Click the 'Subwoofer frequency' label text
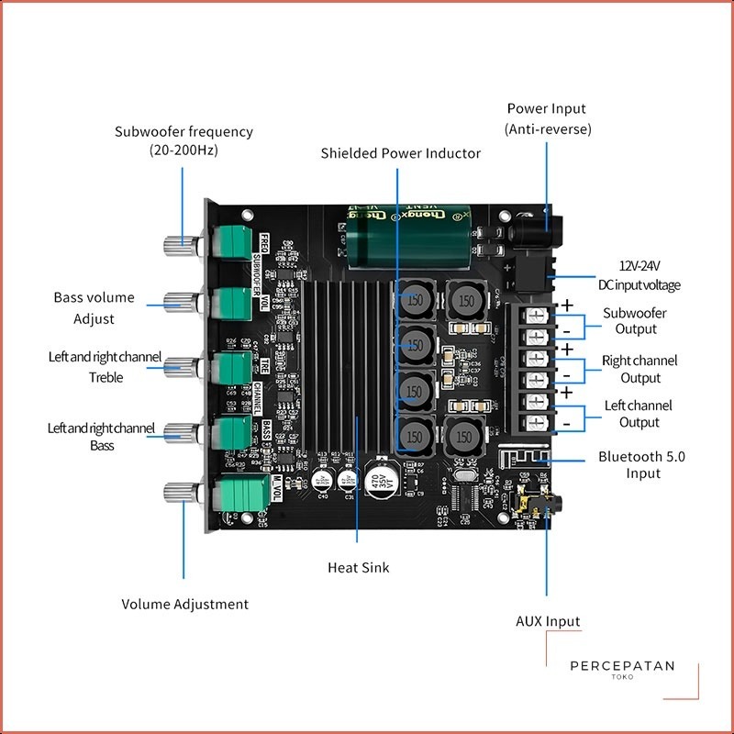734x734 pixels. [183, 131]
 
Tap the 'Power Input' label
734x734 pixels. [547, 108]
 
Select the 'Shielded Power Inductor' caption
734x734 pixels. [400, 153]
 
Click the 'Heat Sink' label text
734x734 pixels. [358, 568]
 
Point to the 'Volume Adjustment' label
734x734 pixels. [184, 605]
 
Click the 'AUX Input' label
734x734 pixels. [548, 621]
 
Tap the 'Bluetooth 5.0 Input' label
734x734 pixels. [642, 464]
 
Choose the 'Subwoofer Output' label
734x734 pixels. [635, 321]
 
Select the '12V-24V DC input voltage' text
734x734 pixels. [639, 274]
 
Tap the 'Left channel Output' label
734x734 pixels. [639, 414]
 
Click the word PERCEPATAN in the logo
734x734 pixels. [621, 666]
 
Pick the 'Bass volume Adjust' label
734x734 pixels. [94, 308]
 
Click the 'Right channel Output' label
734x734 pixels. [639, 369]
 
